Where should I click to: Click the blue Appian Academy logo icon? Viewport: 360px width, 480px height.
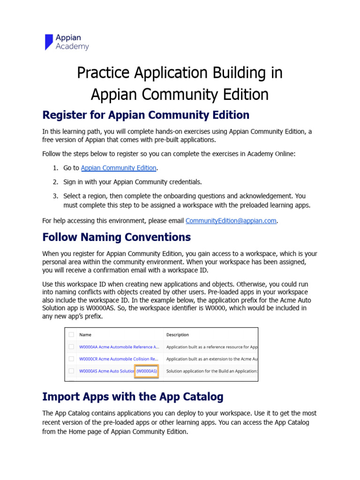pos(49,42)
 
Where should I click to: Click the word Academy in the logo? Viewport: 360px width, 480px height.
pos(72,46)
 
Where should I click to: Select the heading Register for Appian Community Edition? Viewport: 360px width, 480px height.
pos(146,115)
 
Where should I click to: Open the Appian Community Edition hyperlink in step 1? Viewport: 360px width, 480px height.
pos(119,168)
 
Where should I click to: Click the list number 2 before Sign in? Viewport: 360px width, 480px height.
pos(55,182)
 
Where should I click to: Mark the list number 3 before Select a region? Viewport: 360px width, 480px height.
pos(55,196)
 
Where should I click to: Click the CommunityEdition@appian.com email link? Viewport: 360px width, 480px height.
pos(231,221)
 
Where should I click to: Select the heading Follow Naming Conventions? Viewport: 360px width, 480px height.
pos(116,237)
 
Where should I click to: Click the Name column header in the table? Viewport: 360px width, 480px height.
pos(85,335)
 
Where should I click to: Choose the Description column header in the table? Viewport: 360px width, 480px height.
pos(178,335)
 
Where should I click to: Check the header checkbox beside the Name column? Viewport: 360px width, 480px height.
pos(71,335)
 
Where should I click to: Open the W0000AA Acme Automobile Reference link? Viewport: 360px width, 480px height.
pos(119,347)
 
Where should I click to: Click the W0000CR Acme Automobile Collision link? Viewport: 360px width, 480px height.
pos(119,359)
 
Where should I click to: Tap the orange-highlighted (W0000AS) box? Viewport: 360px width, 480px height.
pos(147,371)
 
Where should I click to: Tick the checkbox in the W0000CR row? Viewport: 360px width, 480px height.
pos(71,359)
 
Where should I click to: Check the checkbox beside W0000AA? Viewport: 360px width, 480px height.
pos(71,347)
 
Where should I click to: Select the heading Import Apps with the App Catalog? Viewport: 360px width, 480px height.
pos(133,397)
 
